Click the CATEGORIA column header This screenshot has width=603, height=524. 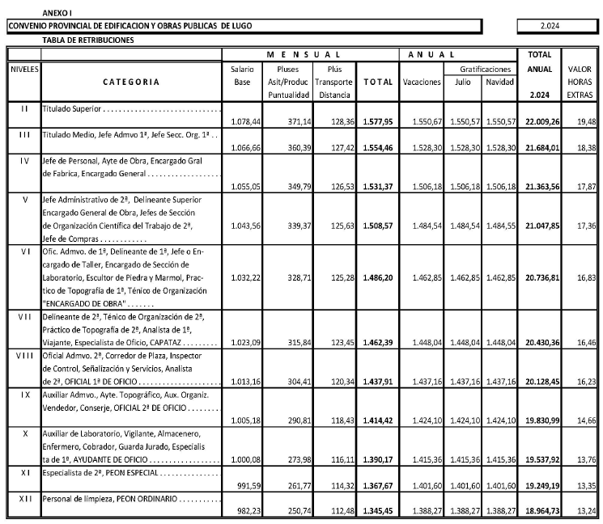click(x=132, y=82)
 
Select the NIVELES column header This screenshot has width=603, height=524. click(x=23, y=70)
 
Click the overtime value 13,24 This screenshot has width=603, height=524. click(x=583, y=511)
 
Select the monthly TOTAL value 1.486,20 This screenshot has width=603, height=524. click(x=377, y=299)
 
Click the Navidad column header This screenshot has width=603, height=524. click(x=499, y=82)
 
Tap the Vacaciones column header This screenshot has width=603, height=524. click(x=422, y=82)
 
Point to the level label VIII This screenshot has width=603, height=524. click(x=23, y=355)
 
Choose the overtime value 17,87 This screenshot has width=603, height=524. click(x=583, y=185)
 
